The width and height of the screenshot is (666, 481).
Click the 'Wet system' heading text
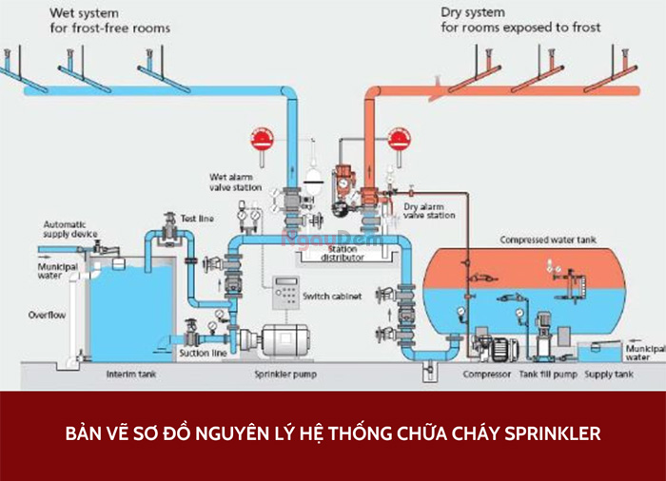point(84,14)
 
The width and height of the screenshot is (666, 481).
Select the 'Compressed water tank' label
point(548,240)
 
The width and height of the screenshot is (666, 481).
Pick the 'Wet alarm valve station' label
point(232,182)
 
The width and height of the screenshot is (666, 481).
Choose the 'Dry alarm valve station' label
point(428,210)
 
